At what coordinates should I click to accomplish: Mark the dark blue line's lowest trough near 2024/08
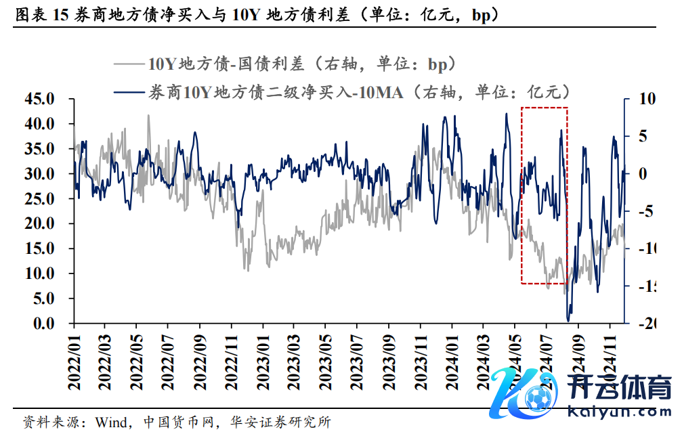tap(568, 319)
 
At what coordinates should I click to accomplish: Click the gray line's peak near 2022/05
tap(148, 115)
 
